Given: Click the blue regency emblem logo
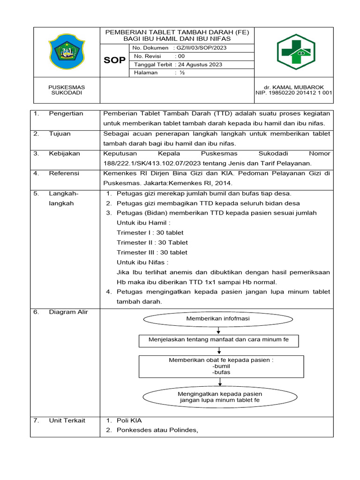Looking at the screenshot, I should pos(67,51).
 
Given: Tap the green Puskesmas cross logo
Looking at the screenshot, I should pos(296,52).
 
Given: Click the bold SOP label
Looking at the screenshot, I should pos(114,60).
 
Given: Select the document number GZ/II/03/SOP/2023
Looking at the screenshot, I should pos(202,48).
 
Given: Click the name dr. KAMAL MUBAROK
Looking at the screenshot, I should pos(294,87).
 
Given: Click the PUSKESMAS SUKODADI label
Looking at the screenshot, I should pos(67,90).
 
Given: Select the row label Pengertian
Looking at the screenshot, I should pos(66,113).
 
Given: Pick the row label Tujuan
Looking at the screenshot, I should pos(60,134).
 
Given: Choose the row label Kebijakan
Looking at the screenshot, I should pos(64,153).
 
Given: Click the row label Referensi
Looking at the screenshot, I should pos(64,173).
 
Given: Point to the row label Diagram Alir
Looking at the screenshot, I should pos(68,312).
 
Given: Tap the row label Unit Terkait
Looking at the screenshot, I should pos(67,420).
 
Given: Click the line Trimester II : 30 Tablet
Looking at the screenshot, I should pos(152,242).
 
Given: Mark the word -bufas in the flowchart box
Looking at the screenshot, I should pos(221,372).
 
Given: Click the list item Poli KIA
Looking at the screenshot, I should pos(129,420).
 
